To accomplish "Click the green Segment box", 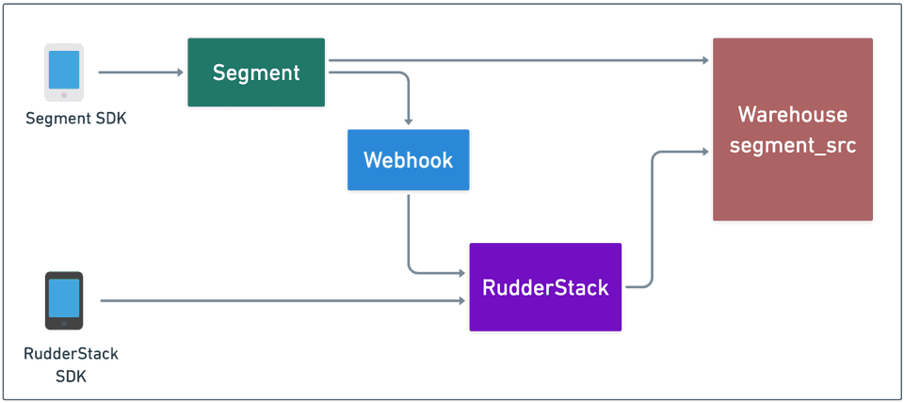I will click(x=256, y=73).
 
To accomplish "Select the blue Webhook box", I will click(x=408, y=160).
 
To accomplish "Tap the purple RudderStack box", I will click(x=545, y=287).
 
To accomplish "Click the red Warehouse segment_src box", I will click(x=792, y=130).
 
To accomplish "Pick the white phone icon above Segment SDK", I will click(x=64, y=73).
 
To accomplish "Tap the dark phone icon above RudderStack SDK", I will click(x=64, y=299).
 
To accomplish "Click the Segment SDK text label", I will click(x=64, y=119).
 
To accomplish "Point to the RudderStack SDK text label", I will click(x=64, y=364).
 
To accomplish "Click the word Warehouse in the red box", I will click(x=792, y=115).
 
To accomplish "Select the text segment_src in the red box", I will click(x=792, y=146).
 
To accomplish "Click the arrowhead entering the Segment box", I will click(x=181, y=72).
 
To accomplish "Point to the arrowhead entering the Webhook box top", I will click(x=408, y=122).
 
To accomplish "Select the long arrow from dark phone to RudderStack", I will click(x=282, y=301).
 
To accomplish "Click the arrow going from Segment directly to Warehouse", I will click(x=518, y=61).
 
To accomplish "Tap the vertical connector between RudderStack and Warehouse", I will click(x=652, y=217).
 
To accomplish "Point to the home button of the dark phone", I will click(x=64, y=323).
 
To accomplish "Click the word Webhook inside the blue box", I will click(x=408, y=160).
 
